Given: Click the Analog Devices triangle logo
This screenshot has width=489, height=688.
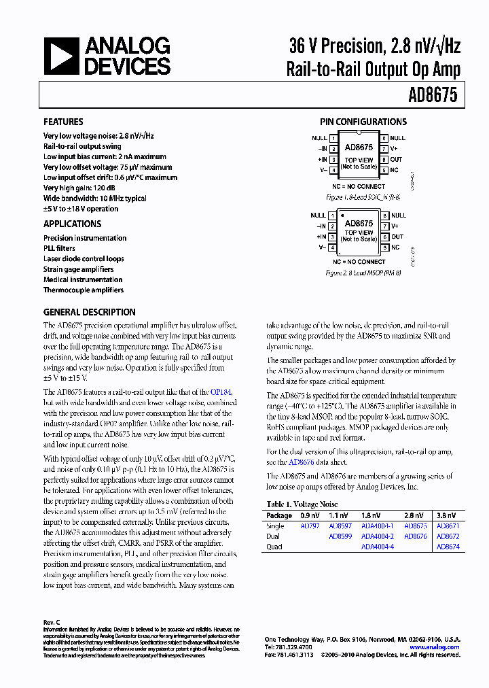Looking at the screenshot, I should click(61, 56).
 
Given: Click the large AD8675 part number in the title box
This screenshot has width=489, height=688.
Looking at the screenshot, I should click(432, 96).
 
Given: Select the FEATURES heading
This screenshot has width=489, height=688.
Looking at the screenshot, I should click(63, 122).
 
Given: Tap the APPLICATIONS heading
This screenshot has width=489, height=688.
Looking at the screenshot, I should click(72, 224).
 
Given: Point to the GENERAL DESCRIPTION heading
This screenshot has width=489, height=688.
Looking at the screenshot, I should click(89, 312).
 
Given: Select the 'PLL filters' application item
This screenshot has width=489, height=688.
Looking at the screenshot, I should click(59, 248).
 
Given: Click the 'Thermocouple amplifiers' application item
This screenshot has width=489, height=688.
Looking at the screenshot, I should click(84, 290).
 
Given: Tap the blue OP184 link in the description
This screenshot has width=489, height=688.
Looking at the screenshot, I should click(221, 392).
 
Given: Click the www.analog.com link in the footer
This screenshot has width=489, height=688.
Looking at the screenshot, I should click(434, 647).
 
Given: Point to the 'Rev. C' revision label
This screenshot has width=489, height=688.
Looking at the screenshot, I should click(52, 622).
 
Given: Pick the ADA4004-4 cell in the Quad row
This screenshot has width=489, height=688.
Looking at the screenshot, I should click(377, 547).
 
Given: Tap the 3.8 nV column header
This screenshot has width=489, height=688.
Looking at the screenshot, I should click(446, 516).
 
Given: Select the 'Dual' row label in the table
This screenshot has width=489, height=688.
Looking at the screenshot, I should click(273, 536).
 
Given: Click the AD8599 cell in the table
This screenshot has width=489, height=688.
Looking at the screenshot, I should click(340, 536).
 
